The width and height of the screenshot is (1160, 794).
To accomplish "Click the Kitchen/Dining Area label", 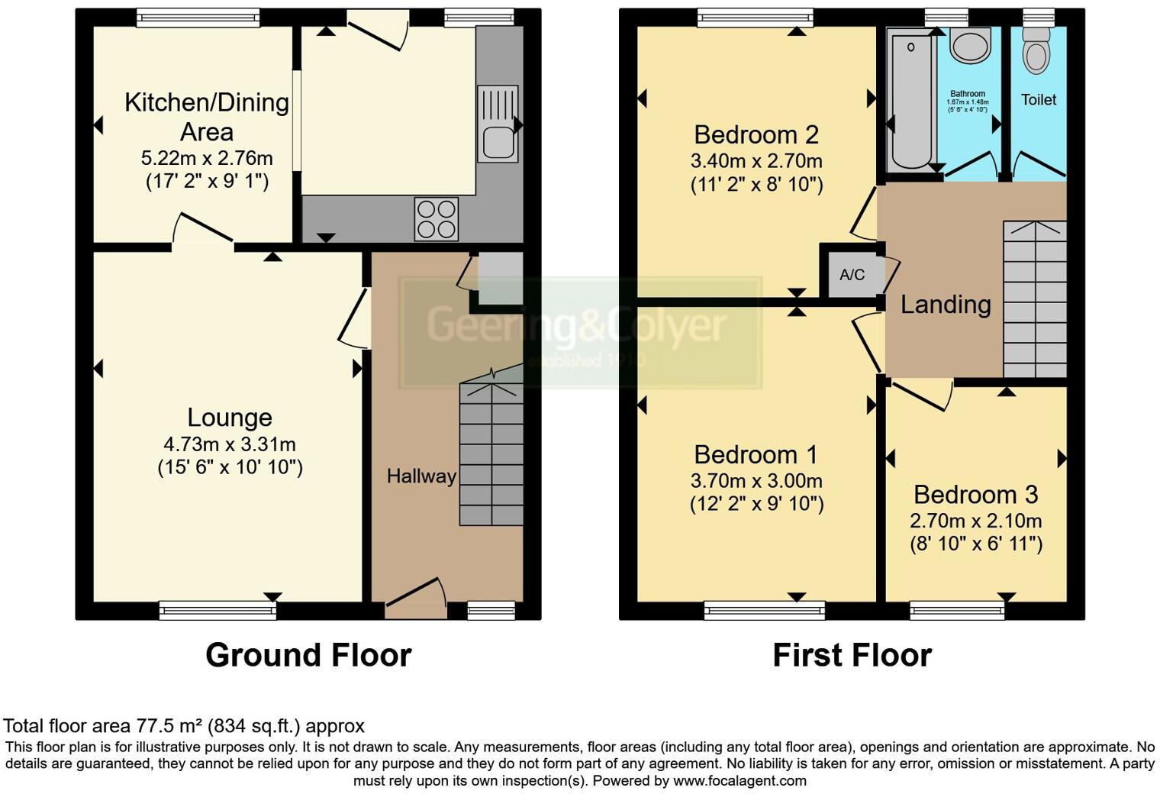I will click(206, 116).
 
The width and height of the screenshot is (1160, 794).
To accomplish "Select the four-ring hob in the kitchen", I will click(437, 219).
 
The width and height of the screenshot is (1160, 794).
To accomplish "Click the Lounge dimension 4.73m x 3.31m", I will click(230, 444).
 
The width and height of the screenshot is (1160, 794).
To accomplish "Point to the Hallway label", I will click(420, 476).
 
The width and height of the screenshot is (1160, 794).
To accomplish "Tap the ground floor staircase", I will click(491, 454).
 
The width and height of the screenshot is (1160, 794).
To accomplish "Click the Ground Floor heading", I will click(308, 655).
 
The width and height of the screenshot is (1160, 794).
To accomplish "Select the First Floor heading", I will click(852, 655).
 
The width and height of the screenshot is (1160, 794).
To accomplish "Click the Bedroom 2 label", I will click(756, 135).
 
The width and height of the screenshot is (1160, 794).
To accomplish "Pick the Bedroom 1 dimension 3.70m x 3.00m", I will click(756, 481).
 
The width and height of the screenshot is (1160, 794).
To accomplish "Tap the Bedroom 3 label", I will click(975, 495).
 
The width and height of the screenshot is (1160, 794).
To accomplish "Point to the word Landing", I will click(946, 305).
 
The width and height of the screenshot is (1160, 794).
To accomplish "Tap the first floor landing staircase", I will click(1034, 299).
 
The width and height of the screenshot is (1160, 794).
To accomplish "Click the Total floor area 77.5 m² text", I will click(184, 725).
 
